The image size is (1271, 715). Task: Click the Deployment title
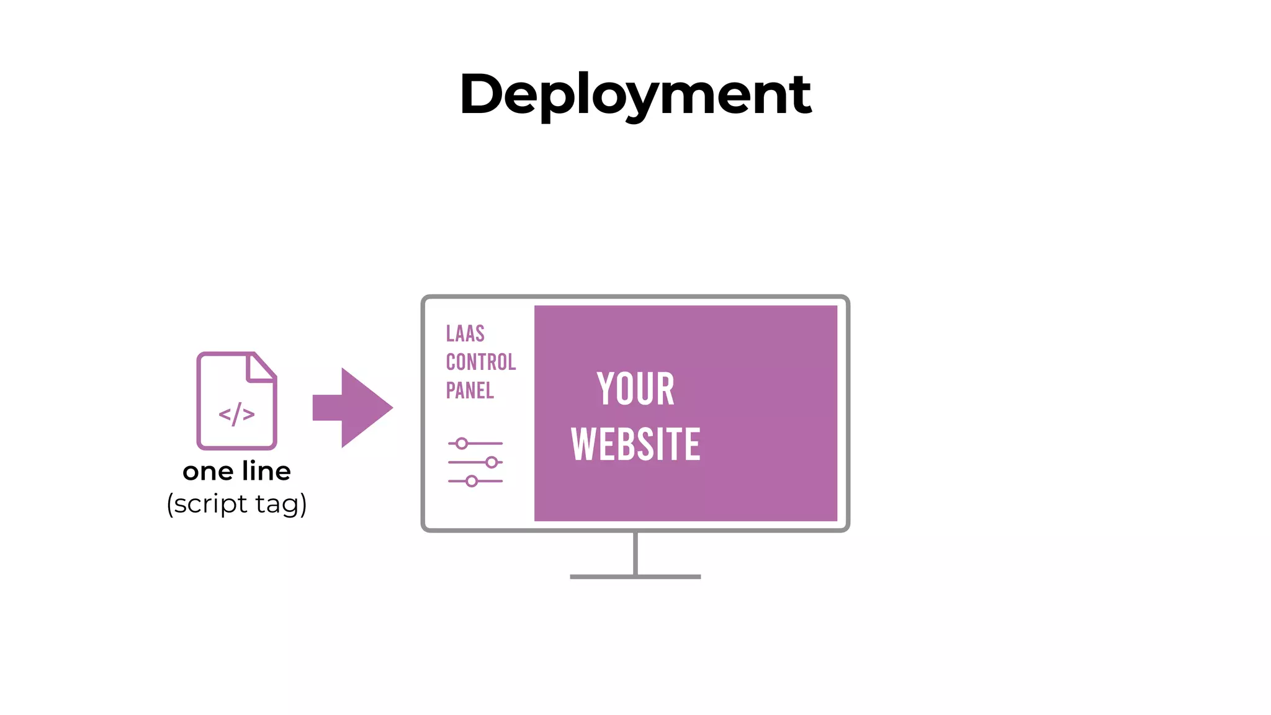click(x=635, y=94)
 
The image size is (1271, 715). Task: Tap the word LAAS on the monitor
click(x=465, y=334)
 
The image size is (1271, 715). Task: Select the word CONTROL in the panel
click(x=481, y=362)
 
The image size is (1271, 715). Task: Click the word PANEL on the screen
click(x=470, y=390)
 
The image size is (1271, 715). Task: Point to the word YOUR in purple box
click(x=635, y=389)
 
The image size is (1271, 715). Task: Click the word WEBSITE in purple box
click(x=635, y=444)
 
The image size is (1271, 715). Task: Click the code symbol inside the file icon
click(x=236, y=415)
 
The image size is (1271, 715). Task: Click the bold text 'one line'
click(x=236, y=471)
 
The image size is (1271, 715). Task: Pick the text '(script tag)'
click(x=236, y=503)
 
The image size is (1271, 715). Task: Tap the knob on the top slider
click(x=462, y=443)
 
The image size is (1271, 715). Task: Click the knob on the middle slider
click(x=492, y=462)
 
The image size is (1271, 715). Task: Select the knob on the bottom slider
click(x=472, y=481)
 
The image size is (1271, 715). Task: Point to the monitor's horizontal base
click(x=635, y=577)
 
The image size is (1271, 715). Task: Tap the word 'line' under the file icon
click(x=267, y=471)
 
